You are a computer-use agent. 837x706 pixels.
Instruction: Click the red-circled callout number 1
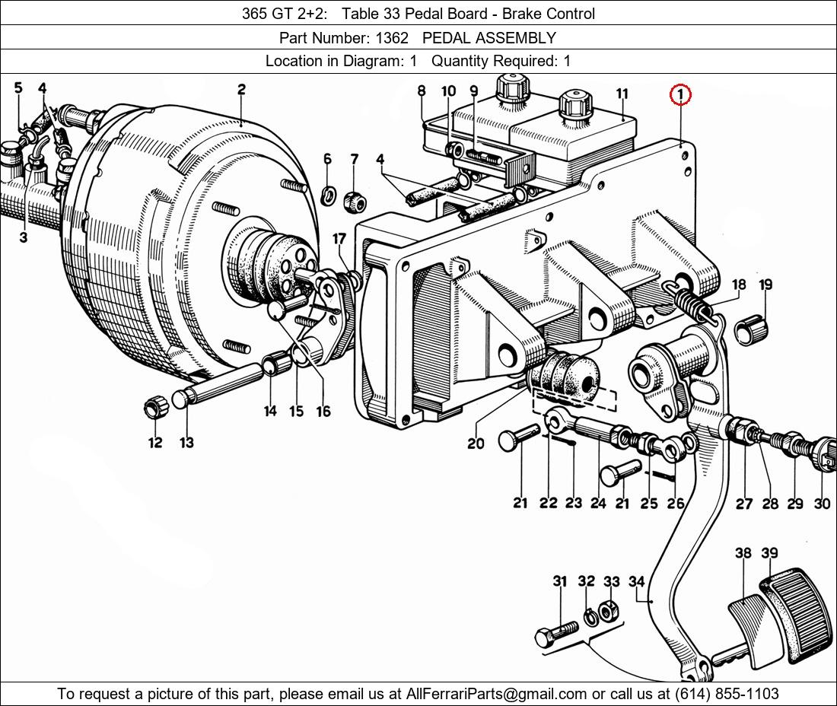pos(679,95)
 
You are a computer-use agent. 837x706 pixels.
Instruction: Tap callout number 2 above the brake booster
pos(241,90)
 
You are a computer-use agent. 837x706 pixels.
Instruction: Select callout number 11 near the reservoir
pos(622,94)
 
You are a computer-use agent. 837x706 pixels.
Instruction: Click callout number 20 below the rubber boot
pos(476,442)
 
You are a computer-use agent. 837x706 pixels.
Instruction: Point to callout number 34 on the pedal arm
pos(636,582)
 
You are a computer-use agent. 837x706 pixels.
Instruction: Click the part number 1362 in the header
pos(393,37)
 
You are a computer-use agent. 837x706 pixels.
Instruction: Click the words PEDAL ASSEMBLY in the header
pos(489,37)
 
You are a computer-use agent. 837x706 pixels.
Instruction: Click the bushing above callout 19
pos(751,328)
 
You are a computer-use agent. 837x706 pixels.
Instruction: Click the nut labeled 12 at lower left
pos(155,408)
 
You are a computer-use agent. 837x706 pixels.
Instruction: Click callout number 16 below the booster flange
pos(323,412)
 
